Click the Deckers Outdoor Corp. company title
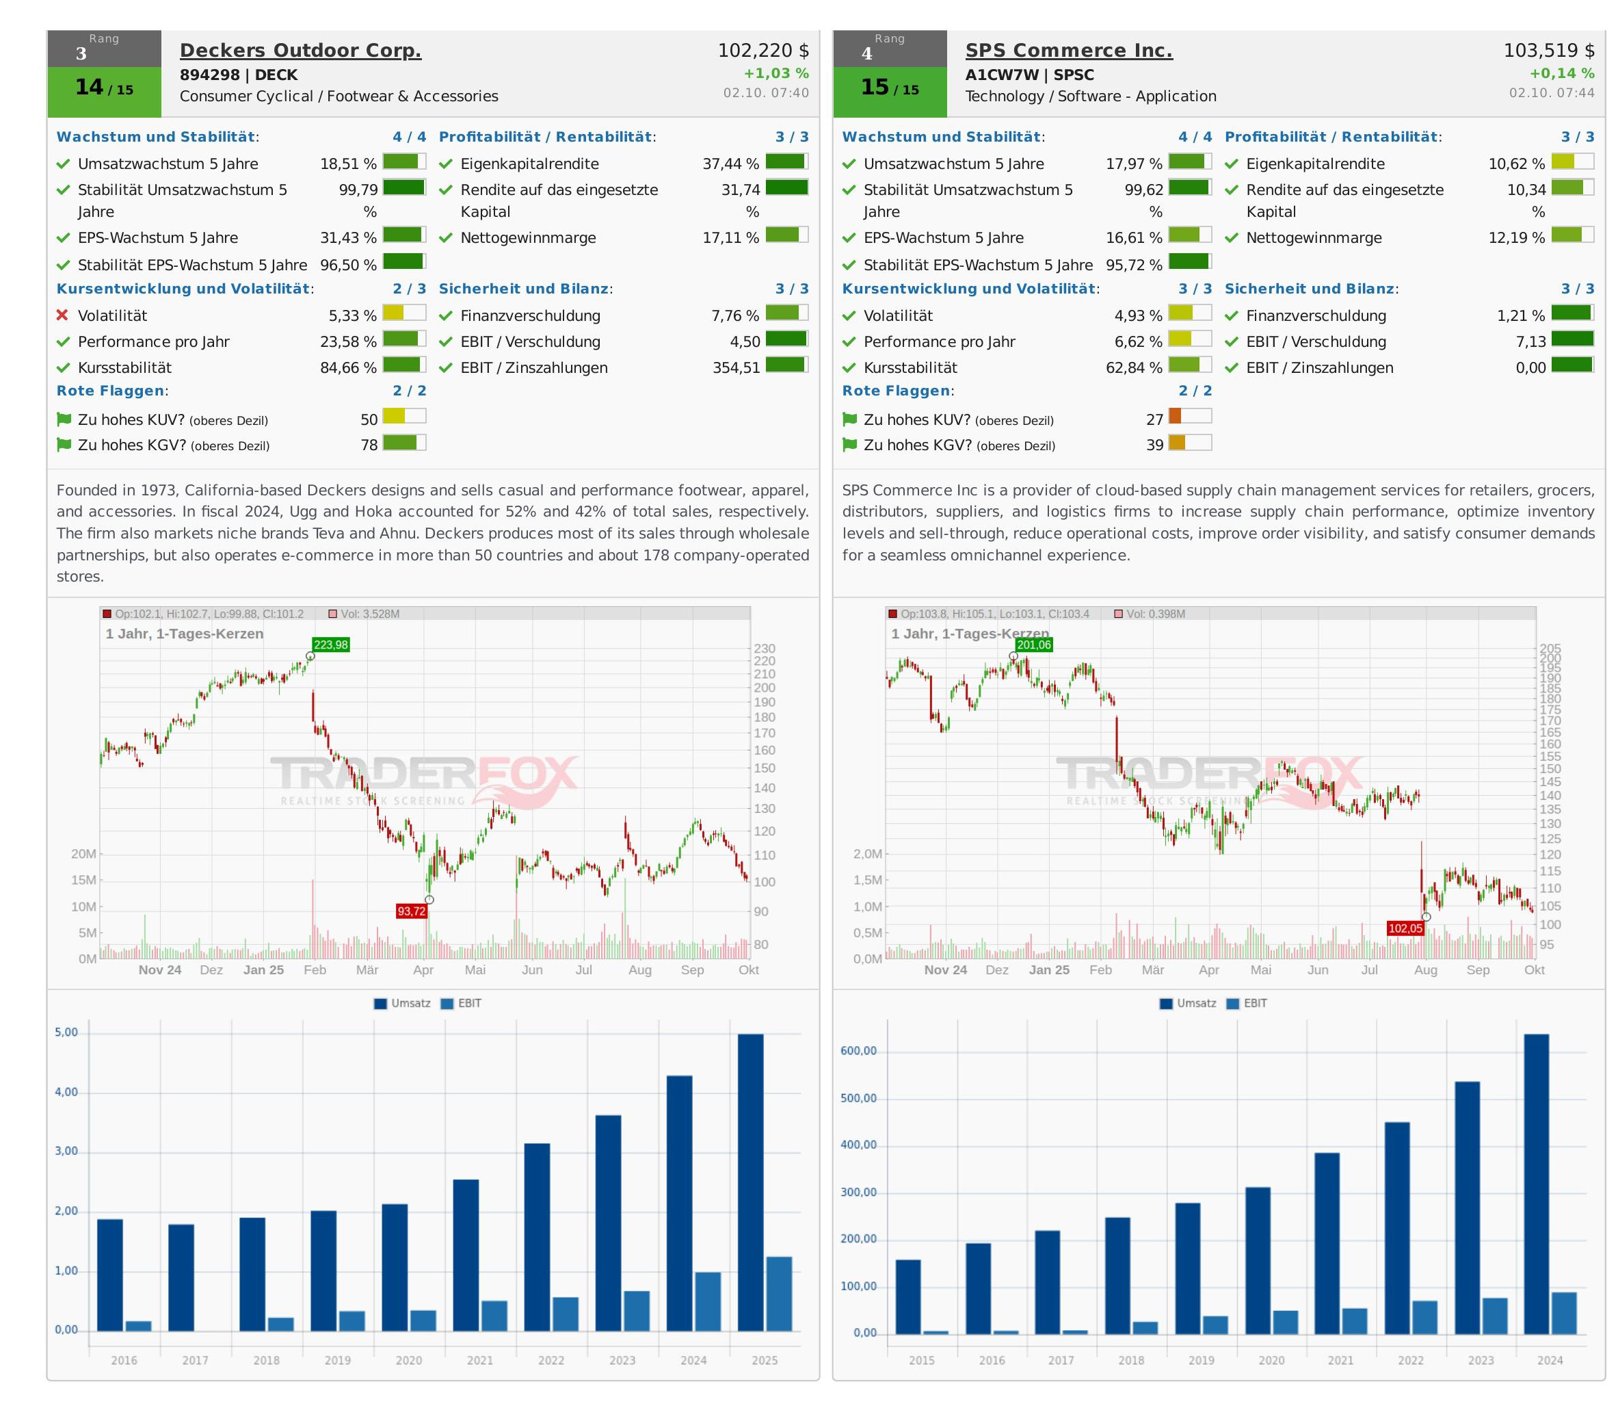(300, 51)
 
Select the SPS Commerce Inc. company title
(1069, 51)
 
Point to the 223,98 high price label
(330, 645)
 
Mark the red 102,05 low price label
(1405, 928)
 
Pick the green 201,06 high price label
(1034, 645)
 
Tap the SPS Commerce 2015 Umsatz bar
(908, 1297)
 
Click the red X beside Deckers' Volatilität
(62, 315)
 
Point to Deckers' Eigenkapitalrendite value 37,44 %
(730, 164)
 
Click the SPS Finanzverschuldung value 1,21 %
(1520, 315)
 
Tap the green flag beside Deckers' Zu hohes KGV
(64, 445)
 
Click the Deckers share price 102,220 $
(762, 51)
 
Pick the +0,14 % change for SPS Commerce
(1561, 73)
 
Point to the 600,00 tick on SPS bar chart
(859, 1052)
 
